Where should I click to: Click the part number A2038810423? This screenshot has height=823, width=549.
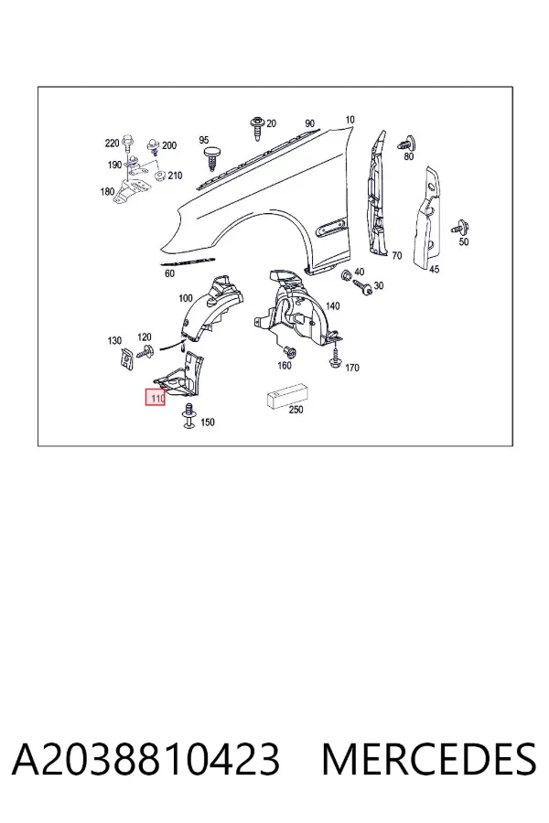pos(145,758)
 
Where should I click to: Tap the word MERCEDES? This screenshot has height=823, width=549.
pos(429,758)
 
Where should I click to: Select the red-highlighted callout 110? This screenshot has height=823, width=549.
pos(156,398)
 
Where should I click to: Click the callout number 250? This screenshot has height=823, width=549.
pos(296,409)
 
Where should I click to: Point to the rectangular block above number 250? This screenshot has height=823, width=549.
pos(287,396)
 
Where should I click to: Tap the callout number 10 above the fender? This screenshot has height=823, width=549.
pos(350,120)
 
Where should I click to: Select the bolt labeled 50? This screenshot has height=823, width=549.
pos(460,229)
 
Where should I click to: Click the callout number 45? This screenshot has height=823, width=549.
pos(434,269)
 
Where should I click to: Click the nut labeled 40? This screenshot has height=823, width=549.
pos(346,274)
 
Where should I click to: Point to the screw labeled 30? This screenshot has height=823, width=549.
pos(362,286)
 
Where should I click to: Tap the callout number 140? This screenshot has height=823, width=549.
pos(332,306)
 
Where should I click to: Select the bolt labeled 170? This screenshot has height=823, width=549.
pos(335,358)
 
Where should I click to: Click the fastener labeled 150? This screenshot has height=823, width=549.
pos(189,416)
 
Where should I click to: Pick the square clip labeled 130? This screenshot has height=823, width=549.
pos(126,358)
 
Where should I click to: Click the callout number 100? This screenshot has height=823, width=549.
pos(186,298)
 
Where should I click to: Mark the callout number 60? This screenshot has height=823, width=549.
pos(169,273)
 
